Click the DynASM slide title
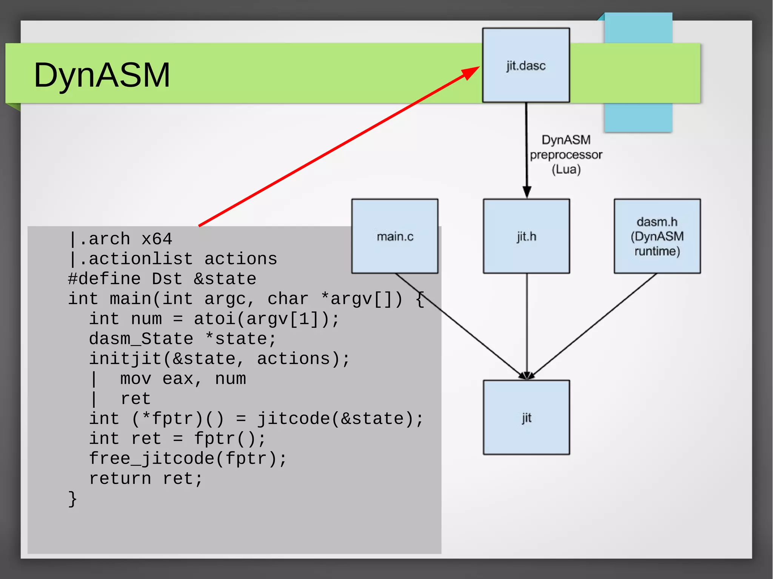[102, 75]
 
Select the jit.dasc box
[526, 65]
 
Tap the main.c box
[395, 236]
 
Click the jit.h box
[526, 236]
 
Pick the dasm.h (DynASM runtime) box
[657, 236]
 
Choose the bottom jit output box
[526, 417]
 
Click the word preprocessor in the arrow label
[566, 155]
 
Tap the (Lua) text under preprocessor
[566, 169]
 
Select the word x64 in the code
[157, 239]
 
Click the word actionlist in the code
[141, 259]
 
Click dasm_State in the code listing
[141, 339]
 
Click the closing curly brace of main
[72, 499]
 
